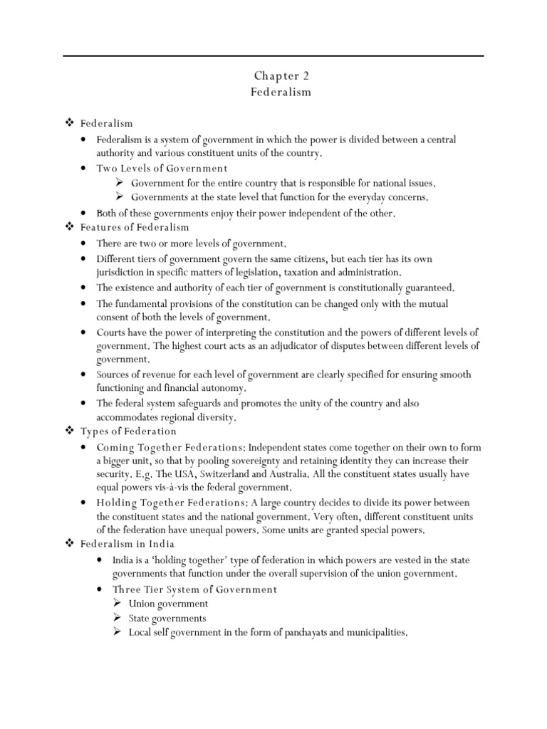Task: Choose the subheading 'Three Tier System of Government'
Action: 194,589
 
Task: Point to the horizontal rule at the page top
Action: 273,56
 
